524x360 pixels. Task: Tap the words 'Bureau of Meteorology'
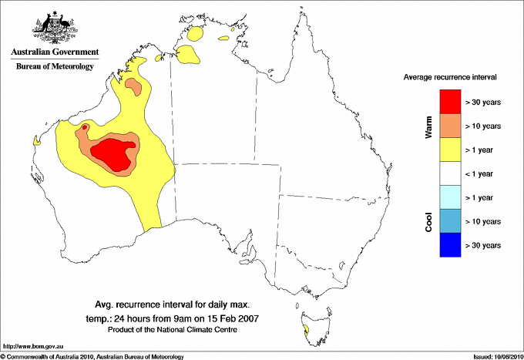point(54,67)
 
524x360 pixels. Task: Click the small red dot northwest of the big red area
point(85,128)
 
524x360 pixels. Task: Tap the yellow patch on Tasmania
point(307,329)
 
